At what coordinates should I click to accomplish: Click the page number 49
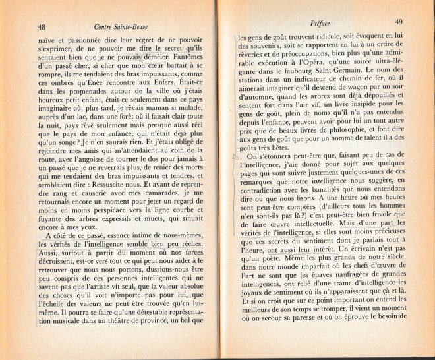pyautogui.click(x=399, y=22)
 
